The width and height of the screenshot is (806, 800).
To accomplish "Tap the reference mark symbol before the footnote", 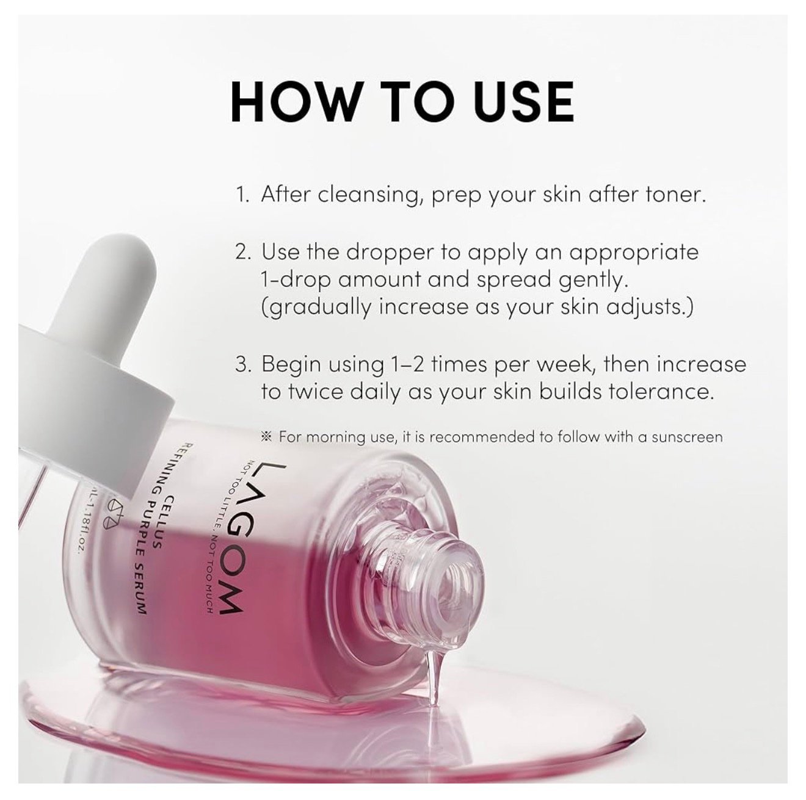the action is (266, 436).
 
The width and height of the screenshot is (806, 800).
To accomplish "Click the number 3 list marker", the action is (242, 364).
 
